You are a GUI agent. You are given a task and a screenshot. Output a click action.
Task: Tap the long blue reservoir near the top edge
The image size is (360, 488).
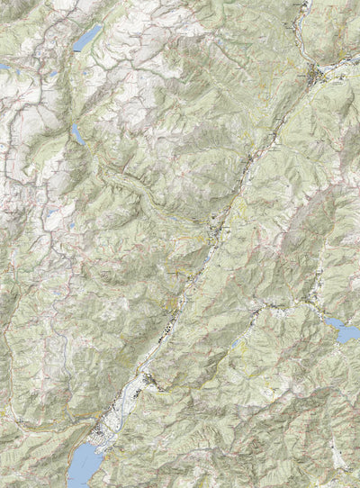point(87,38)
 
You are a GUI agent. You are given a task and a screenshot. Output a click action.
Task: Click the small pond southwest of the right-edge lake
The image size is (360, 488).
point(237,342)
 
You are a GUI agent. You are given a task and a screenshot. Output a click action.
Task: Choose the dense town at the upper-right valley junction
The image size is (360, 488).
point(314,73)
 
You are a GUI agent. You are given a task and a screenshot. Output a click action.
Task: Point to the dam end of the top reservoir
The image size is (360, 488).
point(76,49)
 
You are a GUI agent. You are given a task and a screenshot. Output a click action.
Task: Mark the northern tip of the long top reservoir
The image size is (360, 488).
point(100,26)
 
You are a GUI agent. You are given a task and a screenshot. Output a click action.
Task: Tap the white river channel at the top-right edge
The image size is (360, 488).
point(304,7)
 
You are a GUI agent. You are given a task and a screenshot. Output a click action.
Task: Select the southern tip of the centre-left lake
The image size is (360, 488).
point(80,144)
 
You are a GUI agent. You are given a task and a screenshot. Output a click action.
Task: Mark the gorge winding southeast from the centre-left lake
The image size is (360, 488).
point(117,176)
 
